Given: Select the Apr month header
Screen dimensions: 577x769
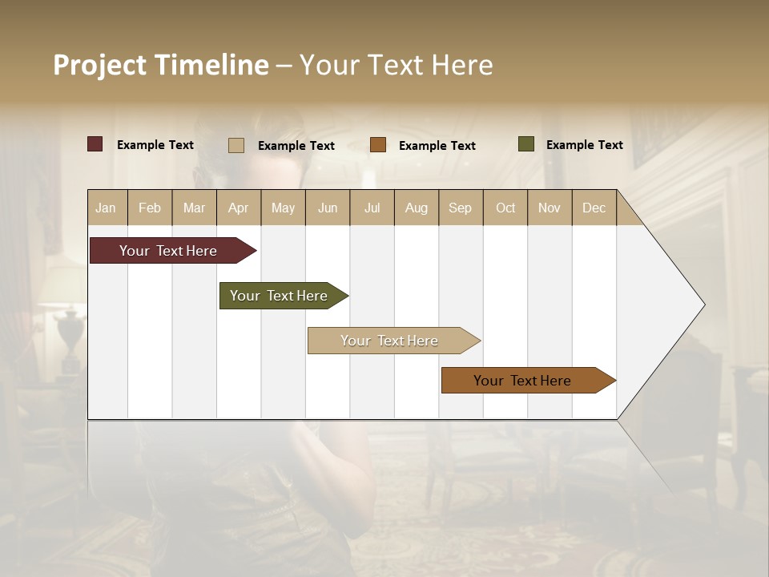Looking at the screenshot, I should click(239, 208).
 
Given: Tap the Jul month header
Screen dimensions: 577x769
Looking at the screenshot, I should click(372, 208).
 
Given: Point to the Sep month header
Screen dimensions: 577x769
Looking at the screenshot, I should click(460, 208).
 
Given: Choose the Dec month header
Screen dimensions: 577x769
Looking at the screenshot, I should click(594, 208).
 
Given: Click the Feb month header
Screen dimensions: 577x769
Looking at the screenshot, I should click(150, 208).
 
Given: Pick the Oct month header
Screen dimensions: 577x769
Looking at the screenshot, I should click(505, 208).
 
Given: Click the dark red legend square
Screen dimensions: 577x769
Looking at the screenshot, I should click(95, 144).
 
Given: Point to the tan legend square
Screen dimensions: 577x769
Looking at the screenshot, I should click(236, 145).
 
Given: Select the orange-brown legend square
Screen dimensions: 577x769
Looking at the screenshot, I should click(378, 145).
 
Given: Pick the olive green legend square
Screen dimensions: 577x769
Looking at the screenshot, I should click(526, 144).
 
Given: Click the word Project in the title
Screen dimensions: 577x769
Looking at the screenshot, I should click(100, 65).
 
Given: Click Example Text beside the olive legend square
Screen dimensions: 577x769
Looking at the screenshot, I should click(584, 145).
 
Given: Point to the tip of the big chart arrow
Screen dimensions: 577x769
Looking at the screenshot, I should click(703, 305).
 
